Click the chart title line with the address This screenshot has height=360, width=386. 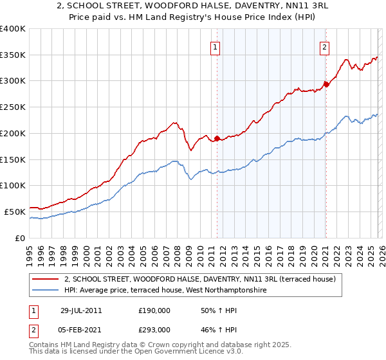[193, 6]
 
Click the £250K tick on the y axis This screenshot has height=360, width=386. [13, 107]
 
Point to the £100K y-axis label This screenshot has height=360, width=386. [13, 186]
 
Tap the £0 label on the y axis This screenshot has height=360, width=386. [19, 238]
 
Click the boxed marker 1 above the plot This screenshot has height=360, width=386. [214, 46]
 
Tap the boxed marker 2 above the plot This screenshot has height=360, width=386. [325, 46]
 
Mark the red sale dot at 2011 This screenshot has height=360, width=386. [217, 138]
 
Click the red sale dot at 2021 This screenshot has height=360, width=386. [326, 84]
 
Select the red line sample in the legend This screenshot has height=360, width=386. [46, 279]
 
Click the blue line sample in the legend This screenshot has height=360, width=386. [46, 291]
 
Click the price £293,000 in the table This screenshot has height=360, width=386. [154, 329]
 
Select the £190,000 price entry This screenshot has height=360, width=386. [154, 310]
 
